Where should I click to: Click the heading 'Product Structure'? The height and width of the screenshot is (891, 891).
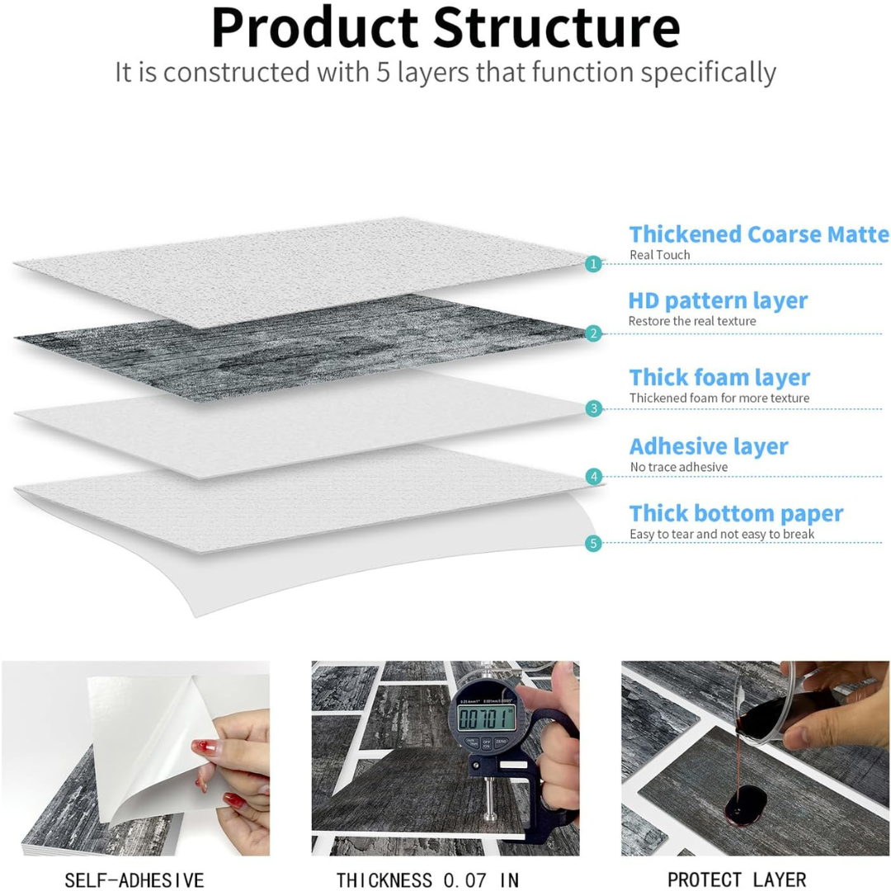click(445, 29)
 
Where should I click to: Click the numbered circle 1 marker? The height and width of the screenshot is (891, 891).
click(592, 264)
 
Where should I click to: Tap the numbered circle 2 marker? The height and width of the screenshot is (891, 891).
click(592, 333)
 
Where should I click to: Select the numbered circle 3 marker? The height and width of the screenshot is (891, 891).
click(592, 408)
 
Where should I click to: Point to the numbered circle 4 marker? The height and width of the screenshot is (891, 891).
click(592, 476)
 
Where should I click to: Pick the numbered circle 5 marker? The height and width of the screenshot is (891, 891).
click(592, 543)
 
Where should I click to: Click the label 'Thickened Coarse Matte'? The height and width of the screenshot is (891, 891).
click(759, 234)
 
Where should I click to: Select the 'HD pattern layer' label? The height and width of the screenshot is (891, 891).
click(718, 300)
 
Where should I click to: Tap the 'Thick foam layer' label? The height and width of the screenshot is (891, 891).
click(719, 378)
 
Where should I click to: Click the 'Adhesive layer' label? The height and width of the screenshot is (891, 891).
click(709, 446)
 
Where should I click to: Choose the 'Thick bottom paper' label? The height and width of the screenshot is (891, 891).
click(736, 513)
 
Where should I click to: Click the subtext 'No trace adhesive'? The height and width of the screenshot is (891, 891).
click(678, 467)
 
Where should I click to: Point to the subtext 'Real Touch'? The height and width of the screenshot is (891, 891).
click(659, 255)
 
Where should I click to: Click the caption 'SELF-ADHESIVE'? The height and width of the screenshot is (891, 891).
click(134, 879)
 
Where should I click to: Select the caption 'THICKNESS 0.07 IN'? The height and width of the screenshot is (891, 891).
click(427, 879)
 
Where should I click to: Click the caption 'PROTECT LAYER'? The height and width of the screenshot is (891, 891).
click(737, 879)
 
